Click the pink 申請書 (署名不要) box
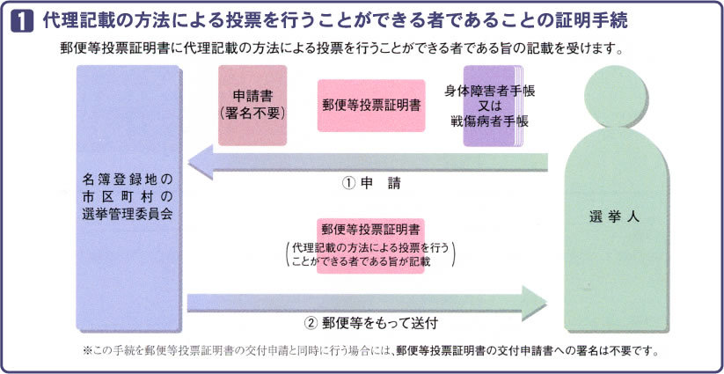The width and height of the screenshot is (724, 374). tap(252, 105)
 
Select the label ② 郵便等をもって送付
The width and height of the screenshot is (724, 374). tap(377, 322)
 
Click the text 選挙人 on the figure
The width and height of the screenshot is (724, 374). tap(613, 216)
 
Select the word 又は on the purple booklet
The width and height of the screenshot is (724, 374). tap(491, 106)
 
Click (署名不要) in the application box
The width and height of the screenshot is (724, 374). tap(252, 113)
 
